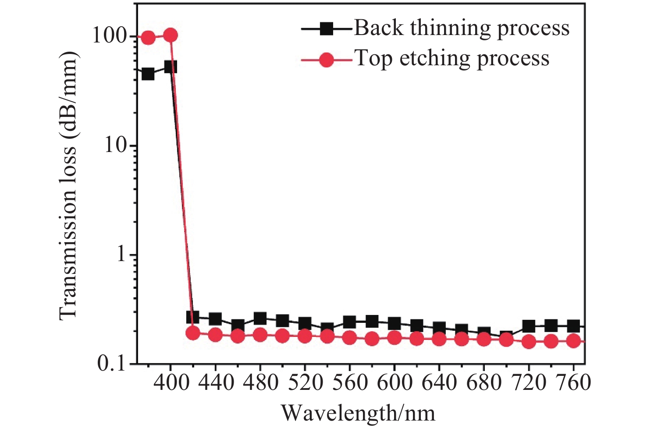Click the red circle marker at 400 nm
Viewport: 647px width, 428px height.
[x=171, y=35]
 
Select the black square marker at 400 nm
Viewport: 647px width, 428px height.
[x=171, y=67]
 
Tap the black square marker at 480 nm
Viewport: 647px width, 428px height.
[x=260, y=318]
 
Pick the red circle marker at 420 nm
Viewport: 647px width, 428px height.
[x=193, y=333]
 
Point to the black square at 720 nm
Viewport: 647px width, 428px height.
[x=529, y=326]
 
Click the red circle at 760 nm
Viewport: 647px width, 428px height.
[x=573, y=340]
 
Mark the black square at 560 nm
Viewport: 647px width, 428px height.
[x=349, y=322]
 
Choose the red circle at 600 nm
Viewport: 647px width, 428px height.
[x=395, y=338]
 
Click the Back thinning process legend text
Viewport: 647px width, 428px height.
[x=462, y=28]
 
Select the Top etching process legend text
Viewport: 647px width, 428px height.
[x=451, y=58]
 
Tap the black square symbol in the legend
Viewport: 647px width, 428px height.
[x=326, y=29]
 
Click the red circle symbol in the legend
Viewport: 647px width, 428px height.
[x=326, y=60]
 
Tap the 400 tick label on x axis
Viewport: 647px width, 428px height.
[x=171, y=383]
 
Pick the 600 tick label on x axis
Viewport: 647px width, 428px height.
[x=395, y=383]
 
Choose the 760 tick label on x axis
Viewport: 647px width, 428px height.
[x=573, y=383]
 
